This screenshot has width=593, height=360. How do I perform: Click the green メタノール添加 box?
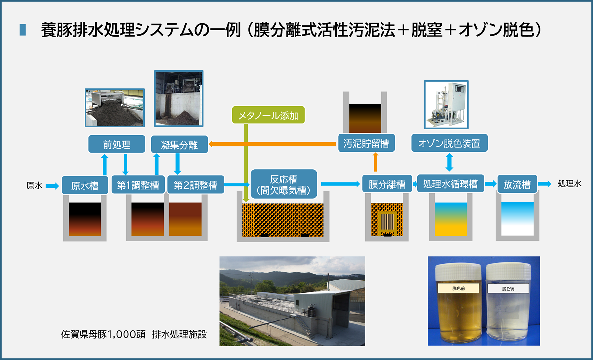pyautogui.click(x=268, y=115)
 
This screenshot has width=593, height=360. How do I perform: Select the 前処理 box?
pyautogui.click(x=117, y=144)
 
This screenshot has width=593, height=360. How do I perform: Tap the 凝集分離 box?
pyautogui.click(x=179, y=144)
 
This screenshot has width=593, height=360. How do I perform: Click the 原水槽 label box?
pyautogui.click(x=85, y=185)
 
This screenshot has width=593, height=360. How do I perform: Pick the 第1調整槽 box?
pyautogui.click(x=138, y=185)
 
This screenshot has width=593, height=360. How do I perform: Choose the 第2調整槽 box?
pyautogui.click(x=196, y=185)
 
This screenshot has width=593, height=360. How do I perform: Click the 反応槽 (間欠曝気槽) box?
pyautogui.click(x=284, y=184)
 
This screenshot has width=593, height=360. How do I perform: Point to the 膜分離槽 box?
pyautogui.click(x=387, y=184)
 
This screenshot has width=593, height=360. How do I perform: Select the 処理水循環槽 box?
pyautogui.click(x=451, y=183)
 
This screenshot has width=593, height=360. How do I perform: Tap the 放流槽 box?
pyautogui.click(x=517, y=184)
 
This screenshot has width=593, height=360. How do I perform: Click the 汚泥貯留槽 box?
pyautogui.click(x=366, y=143)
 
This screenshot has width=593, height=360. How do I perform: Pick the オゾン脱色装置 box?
pyautogui.click(x=449, y=143)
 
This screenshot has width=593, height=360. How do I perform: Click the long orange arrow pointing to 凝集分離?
pyautogui.click(x=272, y=144)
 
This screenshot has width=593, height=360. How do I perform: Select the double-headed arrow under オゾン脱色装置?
pyautogui.click(x=449, y=162)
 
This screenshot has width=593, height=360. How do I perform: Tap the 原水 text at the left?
pyautogui.click(x=34, y=185)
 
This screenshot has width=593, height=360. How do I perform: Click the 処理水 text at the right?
pyautogui.click(x=569, y=184)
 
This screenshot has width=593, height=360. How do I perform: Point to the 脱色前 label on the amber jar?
pyautogui.click(x=458, y=288)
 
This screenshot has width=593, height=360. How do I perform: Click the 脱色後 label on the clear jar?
pyautogui.click(x=508, y=288)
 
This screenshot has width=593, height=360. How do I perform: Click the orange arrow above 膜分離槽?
pyautogui.click(x=376, y=162)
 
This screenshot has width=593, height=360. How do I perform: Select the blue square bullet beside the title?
pyautogui.click(x=23, y=30)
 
